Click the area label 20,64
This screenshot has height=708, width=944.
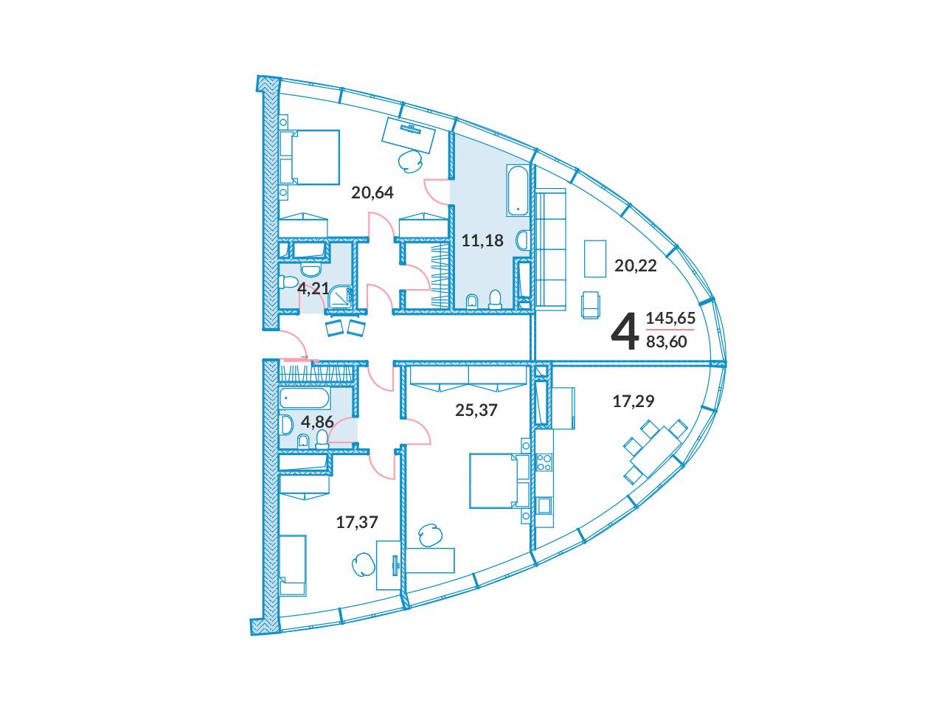pyautogui.click(x=372, y=192)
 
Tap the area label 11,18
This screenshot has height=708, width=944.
pyautogui.click(x=482, y=240)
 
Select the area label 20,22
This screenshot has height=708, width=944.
pyautogui.click(x=635, y=266)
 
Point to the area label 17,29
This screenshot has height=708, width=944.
pyautogui.click(x=633, y=401)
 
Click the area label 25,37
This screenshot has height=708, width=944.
pyautogui.click(x=476, y=410)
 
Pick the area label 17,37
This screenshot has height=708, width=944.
pyautogui.click(x=357, y=522)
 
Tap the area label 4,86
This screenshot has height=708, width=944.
pyautogui.click(x=317, y=422)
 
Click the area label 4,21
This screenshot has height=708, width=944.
pyautogui.click(x=313, y=288)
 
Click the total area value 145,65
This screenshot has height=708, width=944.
pyautogui.click(x=670, y=318)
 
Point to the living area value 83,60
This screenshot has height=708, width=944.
pyautogui.click(x=666, y=341)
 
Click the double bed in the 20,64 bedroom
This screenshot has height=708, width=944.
pyautogui.click(x=310, y=158)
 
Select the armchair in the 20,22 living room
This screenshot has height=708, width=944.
pyautogui.click(x=589, y=305)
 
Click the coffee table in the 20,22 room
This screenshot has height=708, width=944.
pyautogui.click(x=594, y=259)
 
